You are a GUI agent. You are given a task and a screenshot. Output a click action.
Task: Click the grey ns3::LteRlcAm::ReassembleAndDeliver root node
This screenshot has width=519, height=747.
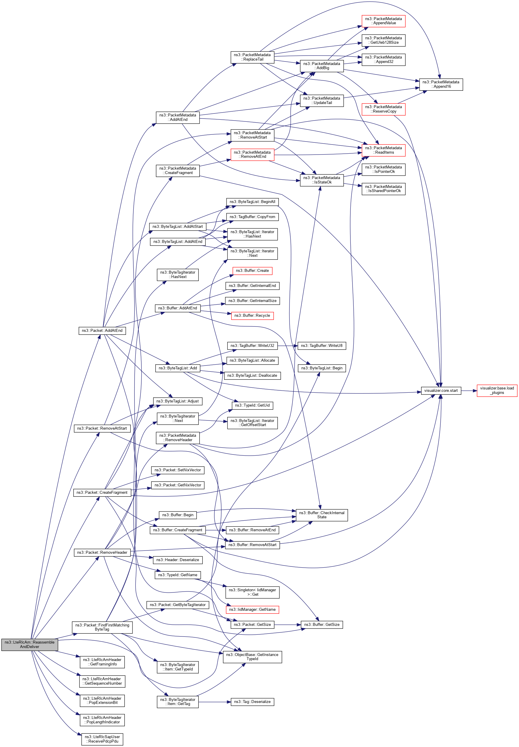30,644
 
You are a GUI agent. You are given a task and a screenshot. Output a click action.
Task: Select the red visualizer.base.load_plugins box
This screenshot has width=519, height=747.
497,390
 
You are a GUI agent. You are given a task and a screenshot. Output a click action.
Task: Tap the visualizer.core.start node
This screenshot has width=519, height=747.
441,391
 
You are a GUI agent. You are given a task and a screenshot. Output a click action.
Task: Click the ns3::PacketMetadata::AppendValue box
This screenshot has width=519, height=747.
383,21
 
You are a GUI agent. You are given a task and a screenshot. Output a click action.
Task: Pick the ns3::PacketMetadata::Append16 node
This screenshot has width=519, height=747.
441,85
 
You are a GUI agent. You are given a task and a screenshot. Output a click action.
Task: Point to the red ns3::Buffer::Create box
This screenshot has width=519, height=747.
252,271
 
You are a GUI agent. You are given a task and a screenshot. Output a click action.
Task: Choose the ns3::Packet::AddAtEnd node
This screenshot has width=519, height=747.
102,330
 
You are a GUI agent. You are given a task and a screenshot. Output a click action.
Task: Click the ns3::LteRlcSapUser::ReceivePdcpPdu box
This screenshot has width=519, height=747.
102,739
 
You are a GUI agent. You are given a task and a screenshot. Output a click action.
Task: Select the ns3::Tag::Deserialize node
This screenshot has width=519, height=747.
252,702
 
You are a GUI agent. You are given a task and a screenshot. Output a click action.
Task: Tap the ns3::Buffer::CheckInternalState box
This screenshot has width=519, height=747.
322,515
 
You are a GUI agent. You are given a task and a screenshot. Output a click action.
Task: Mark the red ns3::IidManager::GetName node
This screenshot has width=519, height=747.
252,610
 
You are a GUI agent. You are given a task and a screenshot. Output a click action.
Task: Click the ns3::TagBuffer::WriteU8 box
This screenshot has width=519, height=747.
322,346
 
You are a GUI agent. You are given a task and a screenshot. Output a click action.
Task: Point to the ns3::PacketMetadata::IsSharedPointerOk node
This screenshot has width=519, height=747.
383,189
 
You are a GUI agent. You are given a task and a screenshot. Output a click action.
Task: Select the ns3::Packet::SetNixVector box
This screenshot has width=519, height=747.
177,470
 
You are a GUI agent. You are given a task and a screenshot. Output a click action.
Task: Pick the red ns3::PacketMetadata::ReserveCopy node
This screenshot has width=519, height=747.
383,109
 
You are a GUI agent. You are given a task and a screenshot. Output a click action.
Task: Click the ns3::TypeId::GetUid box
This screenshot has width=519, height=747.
252,405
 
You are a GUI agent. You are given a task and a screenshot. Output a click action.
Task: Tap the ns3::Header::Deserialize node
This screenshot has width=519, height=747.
177,560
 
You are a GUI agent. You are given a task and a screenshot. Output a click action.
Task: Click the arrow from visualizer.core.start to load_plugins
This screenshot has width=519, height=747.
469,391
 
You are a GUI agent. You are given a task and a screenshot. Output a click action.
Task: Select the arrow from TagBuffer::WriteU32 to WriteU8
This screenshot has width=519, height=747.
288,346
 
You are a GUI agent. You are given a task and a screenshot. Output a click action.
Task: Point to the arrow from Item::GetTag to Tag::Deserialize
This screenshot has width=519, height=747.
215,702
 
